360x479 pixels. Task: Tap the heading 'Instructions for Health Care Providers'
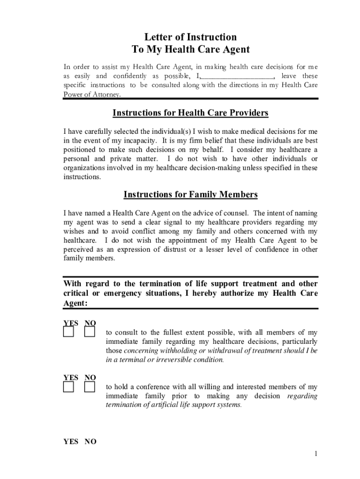191,113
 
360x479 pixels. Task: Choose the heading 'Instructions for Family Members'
191,195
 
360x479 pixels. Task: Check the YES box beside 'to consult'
69,332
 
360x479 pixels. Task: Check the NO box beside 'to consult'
90,332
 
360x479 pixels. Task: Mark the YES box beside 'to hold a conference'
69,387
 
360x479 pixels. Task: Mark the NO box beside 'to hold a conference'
90,387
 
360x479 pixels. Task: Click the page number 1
317,454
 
